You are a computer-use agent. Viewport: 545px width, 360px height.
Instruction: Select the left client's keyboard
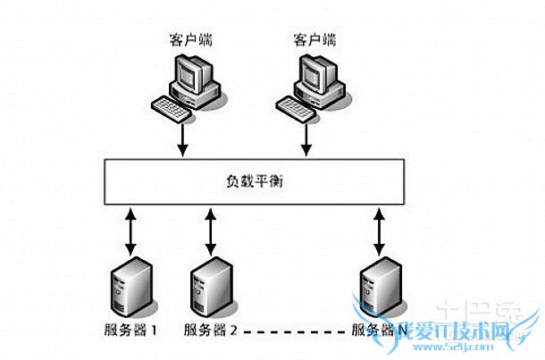(x=172, y=106)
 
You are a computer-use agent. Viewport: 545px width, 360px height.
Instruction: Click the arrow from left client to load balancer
(x=183, y=138)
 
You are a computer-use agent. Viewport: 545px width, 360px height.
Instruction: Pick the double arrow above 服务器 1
(x=131, y=230)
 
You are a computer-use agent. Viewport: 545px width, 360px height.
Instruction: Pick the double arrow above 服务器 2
(x=211, y=230)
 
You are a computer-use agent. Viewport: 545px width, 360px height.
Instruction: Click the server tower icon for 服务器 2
(x=207, y=285)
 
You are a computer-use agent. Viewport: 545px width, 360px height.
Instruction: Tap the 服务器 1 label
(x=131, y=331)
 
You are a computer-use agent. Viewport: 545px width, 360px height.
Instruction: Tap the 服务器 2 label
(x=211, y=331)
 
